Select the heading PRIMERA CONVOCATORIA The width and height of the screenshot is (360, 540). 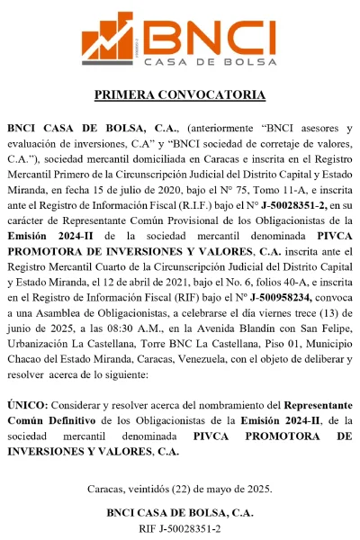(180, 94)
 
